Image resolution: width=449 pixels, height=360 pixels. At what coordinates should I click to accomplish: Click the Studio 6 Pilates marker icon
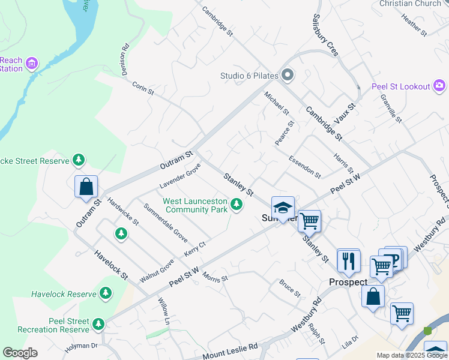click(x=288, y=75)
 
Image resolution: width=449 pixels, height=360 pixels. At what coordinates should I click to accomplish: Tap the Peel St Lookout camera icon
click(x=440, y=86)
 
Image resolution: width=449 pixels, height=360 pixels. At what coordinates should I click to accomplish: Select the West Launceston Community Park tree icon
click(x=237, y=205)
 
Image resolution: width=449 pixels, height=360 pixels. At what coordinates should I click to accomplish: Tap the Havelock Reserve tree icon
click(x=106, y=293)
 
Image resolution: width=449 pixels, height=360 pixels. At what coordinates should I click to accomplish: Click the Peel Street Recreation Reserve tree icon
click(x=98, y=324)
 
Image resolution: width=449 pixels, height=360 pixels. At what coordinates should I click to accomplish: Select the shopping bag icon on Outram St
click(x=86, y=187)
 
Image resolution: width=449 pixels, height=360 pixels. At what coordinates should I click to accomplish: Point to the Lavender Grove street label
click(x=179, y=178)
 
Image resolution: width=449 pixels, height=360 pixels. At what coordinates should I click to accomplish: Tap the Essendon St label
click(x=305, y=167)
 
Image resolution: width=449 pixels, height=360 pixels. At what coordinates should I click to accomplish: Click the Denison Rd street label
click(x=125, y=58)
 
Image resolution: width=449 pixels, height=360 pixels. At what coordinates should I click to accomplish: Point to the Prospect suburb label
click(x=348, y=282)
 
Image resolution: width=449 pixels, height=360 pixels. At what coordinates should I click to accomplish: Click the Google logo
click(x=20, y=353)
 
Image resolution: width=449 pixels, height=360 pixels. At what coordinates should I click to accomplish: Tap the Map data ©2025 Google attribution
click(x=412, y=355)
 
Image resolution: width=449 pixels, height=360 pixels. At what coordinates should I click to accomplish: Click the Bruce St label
click(x=290, y=287)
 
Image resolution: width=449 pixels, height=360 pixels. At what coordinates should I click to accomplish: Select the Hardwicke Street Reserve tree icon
click(x=78, y=160)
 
